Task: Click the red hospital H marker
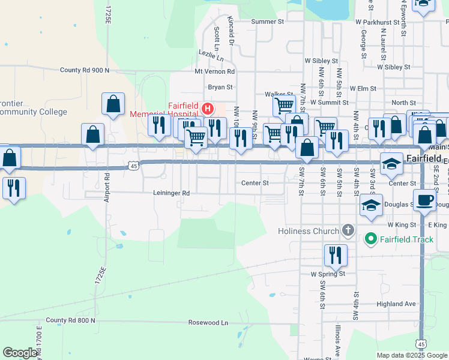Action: (208, 109)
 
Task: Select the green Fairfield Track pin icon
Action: (370, 239)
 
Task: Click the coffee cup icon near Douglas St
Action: (424, 201)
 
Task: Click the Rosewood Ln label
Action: (208, 322)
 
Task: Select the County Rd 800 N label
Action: (70, 320)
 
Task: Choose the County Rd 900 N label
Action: (85, 70)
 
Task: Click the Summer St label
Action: (267, 22)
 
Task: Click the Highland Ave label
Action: (396, 304)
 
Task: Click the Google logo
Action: (20, 353)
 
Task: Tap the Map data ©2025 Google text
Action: (411, 355)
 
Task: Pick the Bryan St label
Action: (220, 87)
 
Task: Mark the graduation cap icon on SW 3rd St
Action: (372, 205)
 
